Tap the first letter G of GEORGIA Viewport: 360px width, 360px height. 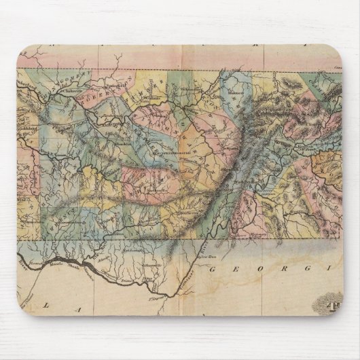218,270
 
